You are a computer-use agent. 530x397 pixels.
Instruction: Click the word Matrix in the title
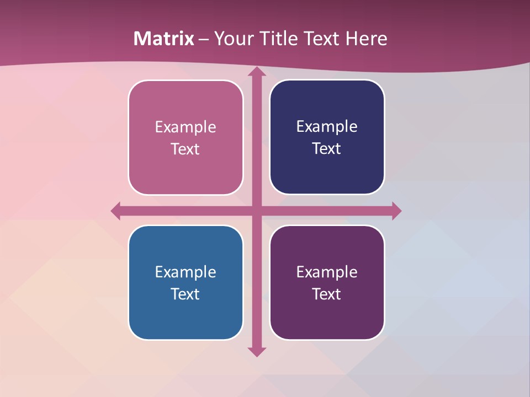164,39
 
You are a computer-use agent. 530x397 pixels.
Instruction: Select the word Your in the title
232,39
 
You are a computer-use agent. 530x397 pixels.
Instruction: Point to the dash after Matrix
204,39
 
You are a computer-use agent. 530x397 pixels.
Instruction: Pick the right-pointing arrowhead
396,211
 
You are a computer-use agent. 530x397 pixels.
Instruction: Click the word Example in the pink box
185,127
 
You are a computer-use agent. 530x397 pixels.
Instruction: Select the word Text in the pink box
185,149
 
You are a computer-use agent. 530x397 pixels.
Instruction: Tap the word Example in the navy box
327,127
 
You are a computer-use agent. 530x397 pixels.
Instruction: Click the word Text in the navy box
327,148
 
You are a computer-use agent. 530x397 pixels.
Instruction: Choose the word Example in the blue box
185,272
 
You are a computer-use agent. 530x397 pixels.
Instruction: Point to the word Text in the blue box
185,293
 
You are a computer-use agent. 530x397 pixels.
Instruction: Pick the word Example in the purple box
327,272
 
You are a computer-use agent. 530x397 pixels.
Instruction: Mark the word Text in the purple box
327,293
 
